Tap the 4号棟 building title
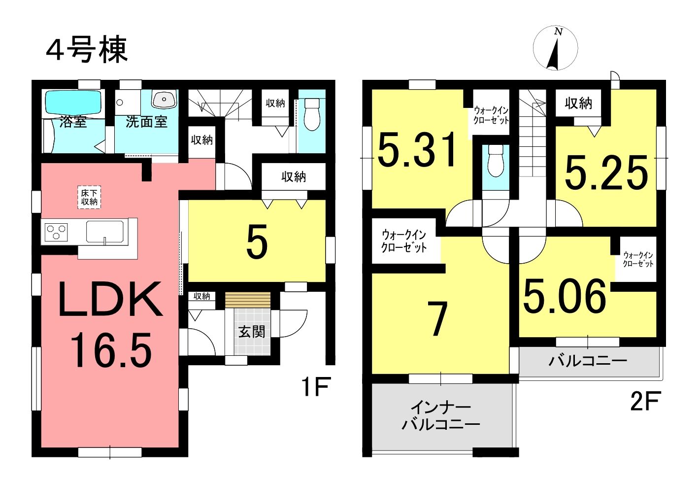[x=87, y=50]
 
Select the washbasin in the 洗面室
[x=165, y=99]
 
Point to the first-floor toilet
[x=311, y=114]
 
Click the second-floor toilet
[x=496, y=161]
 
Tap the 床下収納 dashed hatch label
[x=89, y=198]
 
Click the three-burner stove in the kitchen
[x=56, y=232]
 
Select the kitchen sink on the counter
[x=105, y=232]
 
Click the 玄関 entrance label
[x=252, y=332]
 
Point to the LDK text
[x=110, y=300]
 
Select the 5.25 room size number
[x=606, y=173]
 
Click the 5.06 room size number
[x=565, y=296]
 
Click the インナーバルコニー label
[x=440, y=415]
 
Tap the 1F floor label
[x=316, y=386]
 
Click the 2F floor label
[x=646, y=401]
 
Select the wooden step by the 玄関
[x=248, y=300]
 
